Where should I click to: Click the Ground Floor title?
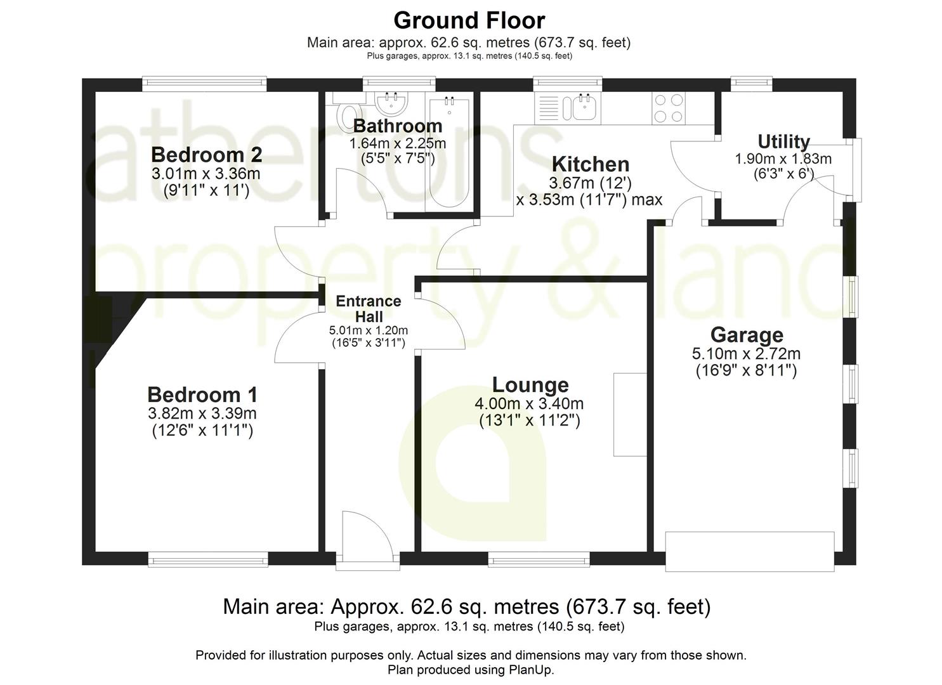click(x=469, y=20)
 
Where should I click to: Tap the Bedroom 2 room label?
click(x=206, y=155)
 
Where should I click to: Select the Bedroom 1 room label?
click(x=202, y=395)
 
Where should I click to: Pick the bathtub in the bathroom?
click(x=449, y=152)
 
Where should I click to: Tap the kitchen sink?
click(x=583, y=107)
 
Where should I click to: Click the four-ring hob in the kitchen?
click(x=669, y=108)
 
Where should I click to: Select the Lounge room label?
click(x=530, y=385)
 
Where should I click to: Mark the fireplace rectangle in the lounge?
click(x=629, y=414)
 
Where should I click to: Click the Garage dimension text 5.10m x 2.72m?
click(x=746, y=354)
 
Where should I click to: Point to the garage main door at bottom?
click(x=749, y=552)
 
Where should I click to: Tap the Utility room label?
click(x=783, y=141)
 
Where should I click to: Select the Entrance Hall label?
click(x=369, y=309)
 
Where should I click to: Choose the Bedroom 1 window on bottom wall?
click(x=208, y=559)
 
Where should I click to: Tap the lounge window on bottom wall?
click(x=539, y=559)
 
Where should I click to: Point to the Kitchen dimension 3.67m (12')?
click(x=590, y=183)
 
